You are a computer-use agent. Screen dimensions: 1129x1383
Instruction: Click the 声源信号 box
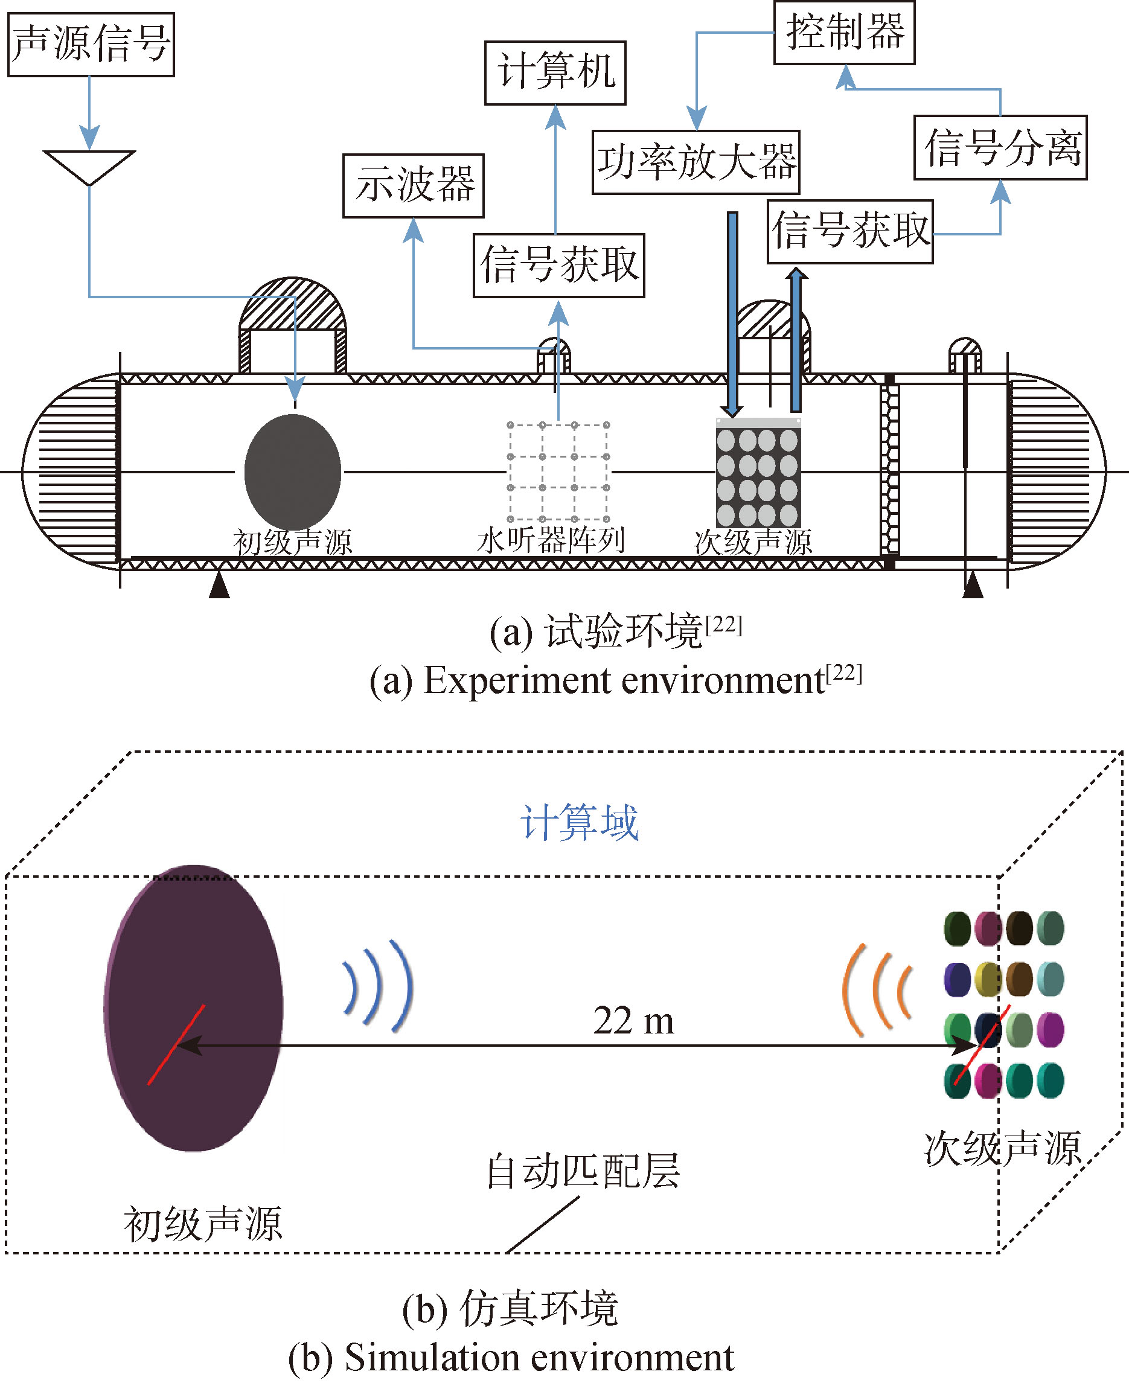coord(91,44)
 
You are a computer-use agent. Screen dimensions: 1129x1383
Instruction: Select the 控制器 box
coord(844,33)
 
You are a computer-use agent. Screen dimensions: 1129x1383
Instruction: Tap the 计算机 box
coord(555,73)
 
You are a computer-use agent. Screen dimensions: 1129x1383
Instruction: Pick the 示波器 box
coord(414,186)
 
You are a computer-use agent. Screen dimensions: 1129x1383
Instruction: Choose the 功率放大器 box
coord(696,162)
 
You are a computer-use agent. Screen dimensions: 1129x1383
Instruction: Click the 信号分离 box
coord(1000,148)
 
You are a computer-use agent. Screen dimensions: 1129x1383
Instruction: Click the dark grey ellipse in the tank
coord(293,472)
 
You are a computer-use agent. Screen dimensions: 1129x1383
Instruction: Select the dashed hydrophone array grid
coord(558,472)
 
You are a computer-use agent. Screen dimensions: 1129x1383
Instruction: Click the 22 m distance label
coord(633,1020)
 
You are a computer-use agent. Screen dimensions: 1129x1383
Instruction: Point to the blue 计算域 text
coord(580,823)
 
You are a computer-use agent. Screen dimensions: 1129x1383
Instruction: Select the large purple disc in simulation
coord(193,1009)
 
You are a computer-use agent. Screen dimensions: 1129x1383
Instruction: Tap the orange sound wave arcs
coord(877,989)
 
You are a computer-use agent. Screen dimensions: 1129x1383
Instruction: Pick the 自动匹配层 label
coord(583,1171)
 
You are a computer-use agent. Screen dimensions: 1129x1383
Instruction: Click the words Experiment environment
coord(624,682)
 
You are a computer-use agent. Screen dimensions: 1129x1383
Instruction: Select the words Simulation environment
coord(539,1358)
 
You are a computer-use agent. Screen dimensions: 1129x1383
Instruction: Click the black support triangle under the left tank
coord(219,584)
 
